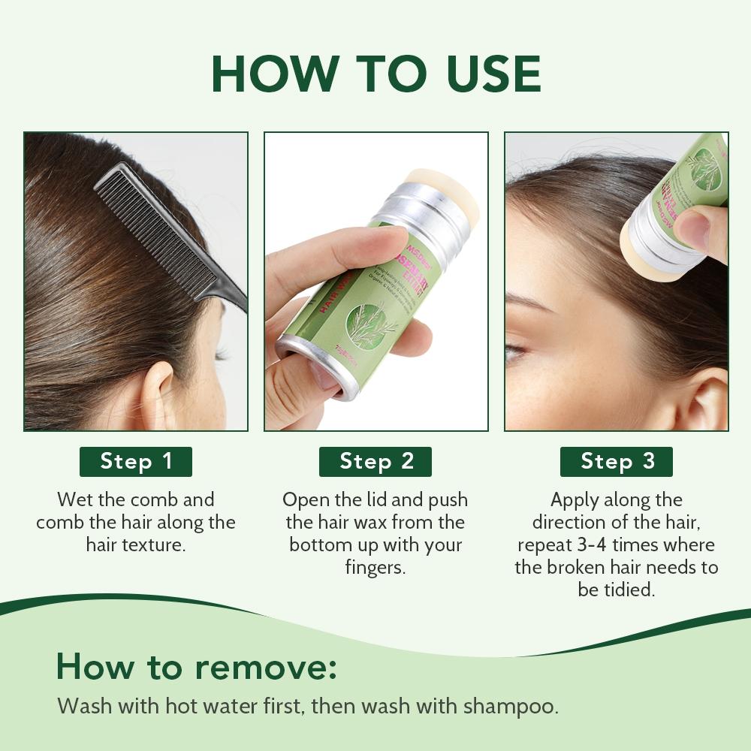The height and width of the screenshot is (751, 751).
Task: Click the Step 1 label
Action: point(136,461)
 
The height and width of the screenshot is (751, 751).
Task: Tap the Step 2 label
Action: point(376,461)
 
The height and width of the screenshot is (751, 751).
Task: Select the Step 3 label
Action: point(617,461)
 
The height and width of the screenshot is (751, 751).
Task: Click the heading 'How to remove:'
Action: point(197,666)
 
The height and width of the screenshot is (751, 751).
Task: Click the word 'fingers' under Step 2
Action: point(375,567)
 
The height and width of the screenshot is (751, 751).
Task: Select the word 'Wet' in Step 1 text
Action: point(73,499)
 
